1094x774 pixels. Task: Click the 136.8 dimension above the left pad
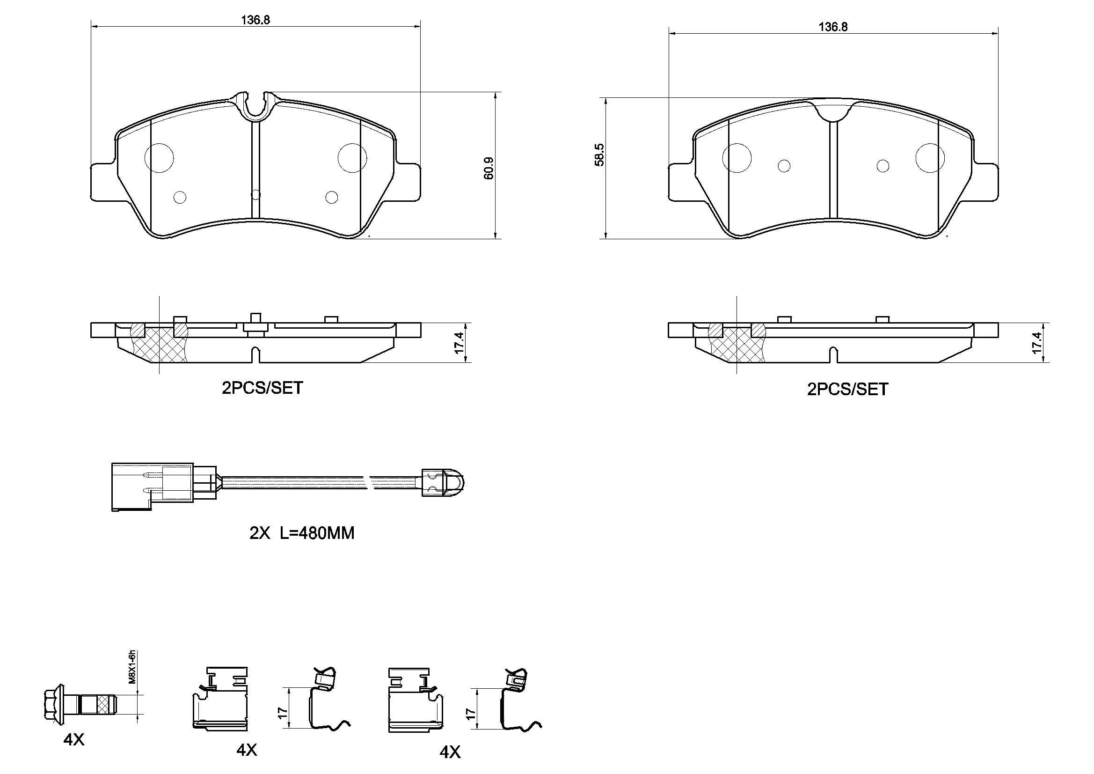[255, 20]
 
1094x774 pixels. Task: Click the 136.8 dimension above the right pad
[833, 27]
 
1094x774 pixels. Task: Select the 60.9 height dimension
[489, 169]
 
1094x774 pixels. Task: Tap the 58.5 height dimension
[600, 155]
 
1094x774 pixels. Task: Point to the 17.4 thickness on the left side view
[459, 343]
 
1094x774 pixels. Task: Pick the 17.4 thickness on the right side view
[1037, 343]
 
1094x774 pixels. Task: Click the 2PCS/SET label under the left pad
[262, 388]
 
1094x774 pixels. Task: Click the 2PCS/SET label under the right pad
[847, 390]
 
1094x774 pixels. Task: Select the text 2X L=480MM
[302, 533]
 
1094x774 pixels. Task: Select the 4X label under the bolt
[74, 740]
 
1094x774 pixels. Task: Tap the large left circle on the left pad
[159, 158]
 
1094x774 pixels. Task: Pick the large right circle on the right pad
[930, 158]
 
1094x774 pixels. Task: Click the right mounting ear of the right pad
[984, 182]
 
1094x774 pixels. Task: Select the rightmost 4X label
[450, 752]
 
